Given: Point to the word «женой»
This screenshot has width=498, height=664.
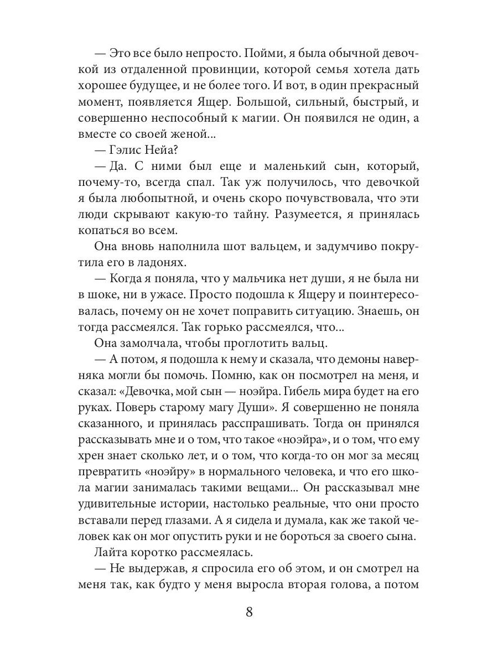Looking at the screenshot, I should point(173,134).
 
